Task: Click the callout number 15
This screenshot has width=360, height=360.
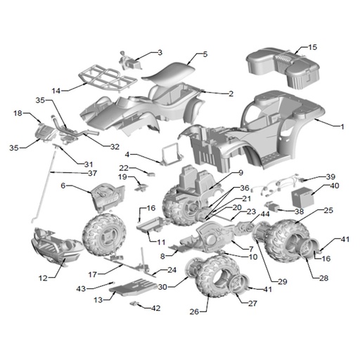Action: coord(312,47)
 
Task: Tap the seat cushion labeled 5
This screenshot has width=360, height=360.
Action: coord(169,72)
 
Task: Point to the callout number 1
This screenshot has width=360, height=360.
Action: coord(342,127)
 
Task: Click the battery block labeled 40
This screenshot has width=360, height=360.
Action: coord(302,197)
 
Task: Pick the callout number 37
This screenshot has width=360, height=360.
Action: coord(92,173)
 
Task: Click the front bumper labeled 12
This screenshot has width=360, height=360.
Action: coord(57,245)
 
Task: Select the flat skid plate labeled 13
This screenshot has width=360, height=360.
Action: coord(134,286)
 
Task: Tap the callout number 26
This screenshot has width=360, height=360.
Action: coord(194,311)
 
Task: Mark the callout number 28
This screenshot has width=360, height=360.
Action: coord(324,278)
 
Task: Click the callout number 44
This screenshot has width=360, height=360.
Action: coord(265,214)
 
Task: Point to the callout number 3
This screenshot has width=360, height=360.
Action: coord(160,53)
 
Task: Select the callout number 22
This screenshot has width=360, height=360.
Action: coord(124,168)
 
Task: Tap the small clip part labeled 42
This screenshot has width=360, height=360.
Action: coord(133,304)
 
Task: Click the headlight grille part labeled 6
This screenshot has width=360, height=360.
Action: coord(108,196)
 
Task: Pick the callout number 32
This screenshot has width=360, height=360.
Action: coord(115,147)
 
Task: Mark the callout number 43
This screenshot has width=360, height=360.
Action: coord(81,289)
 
